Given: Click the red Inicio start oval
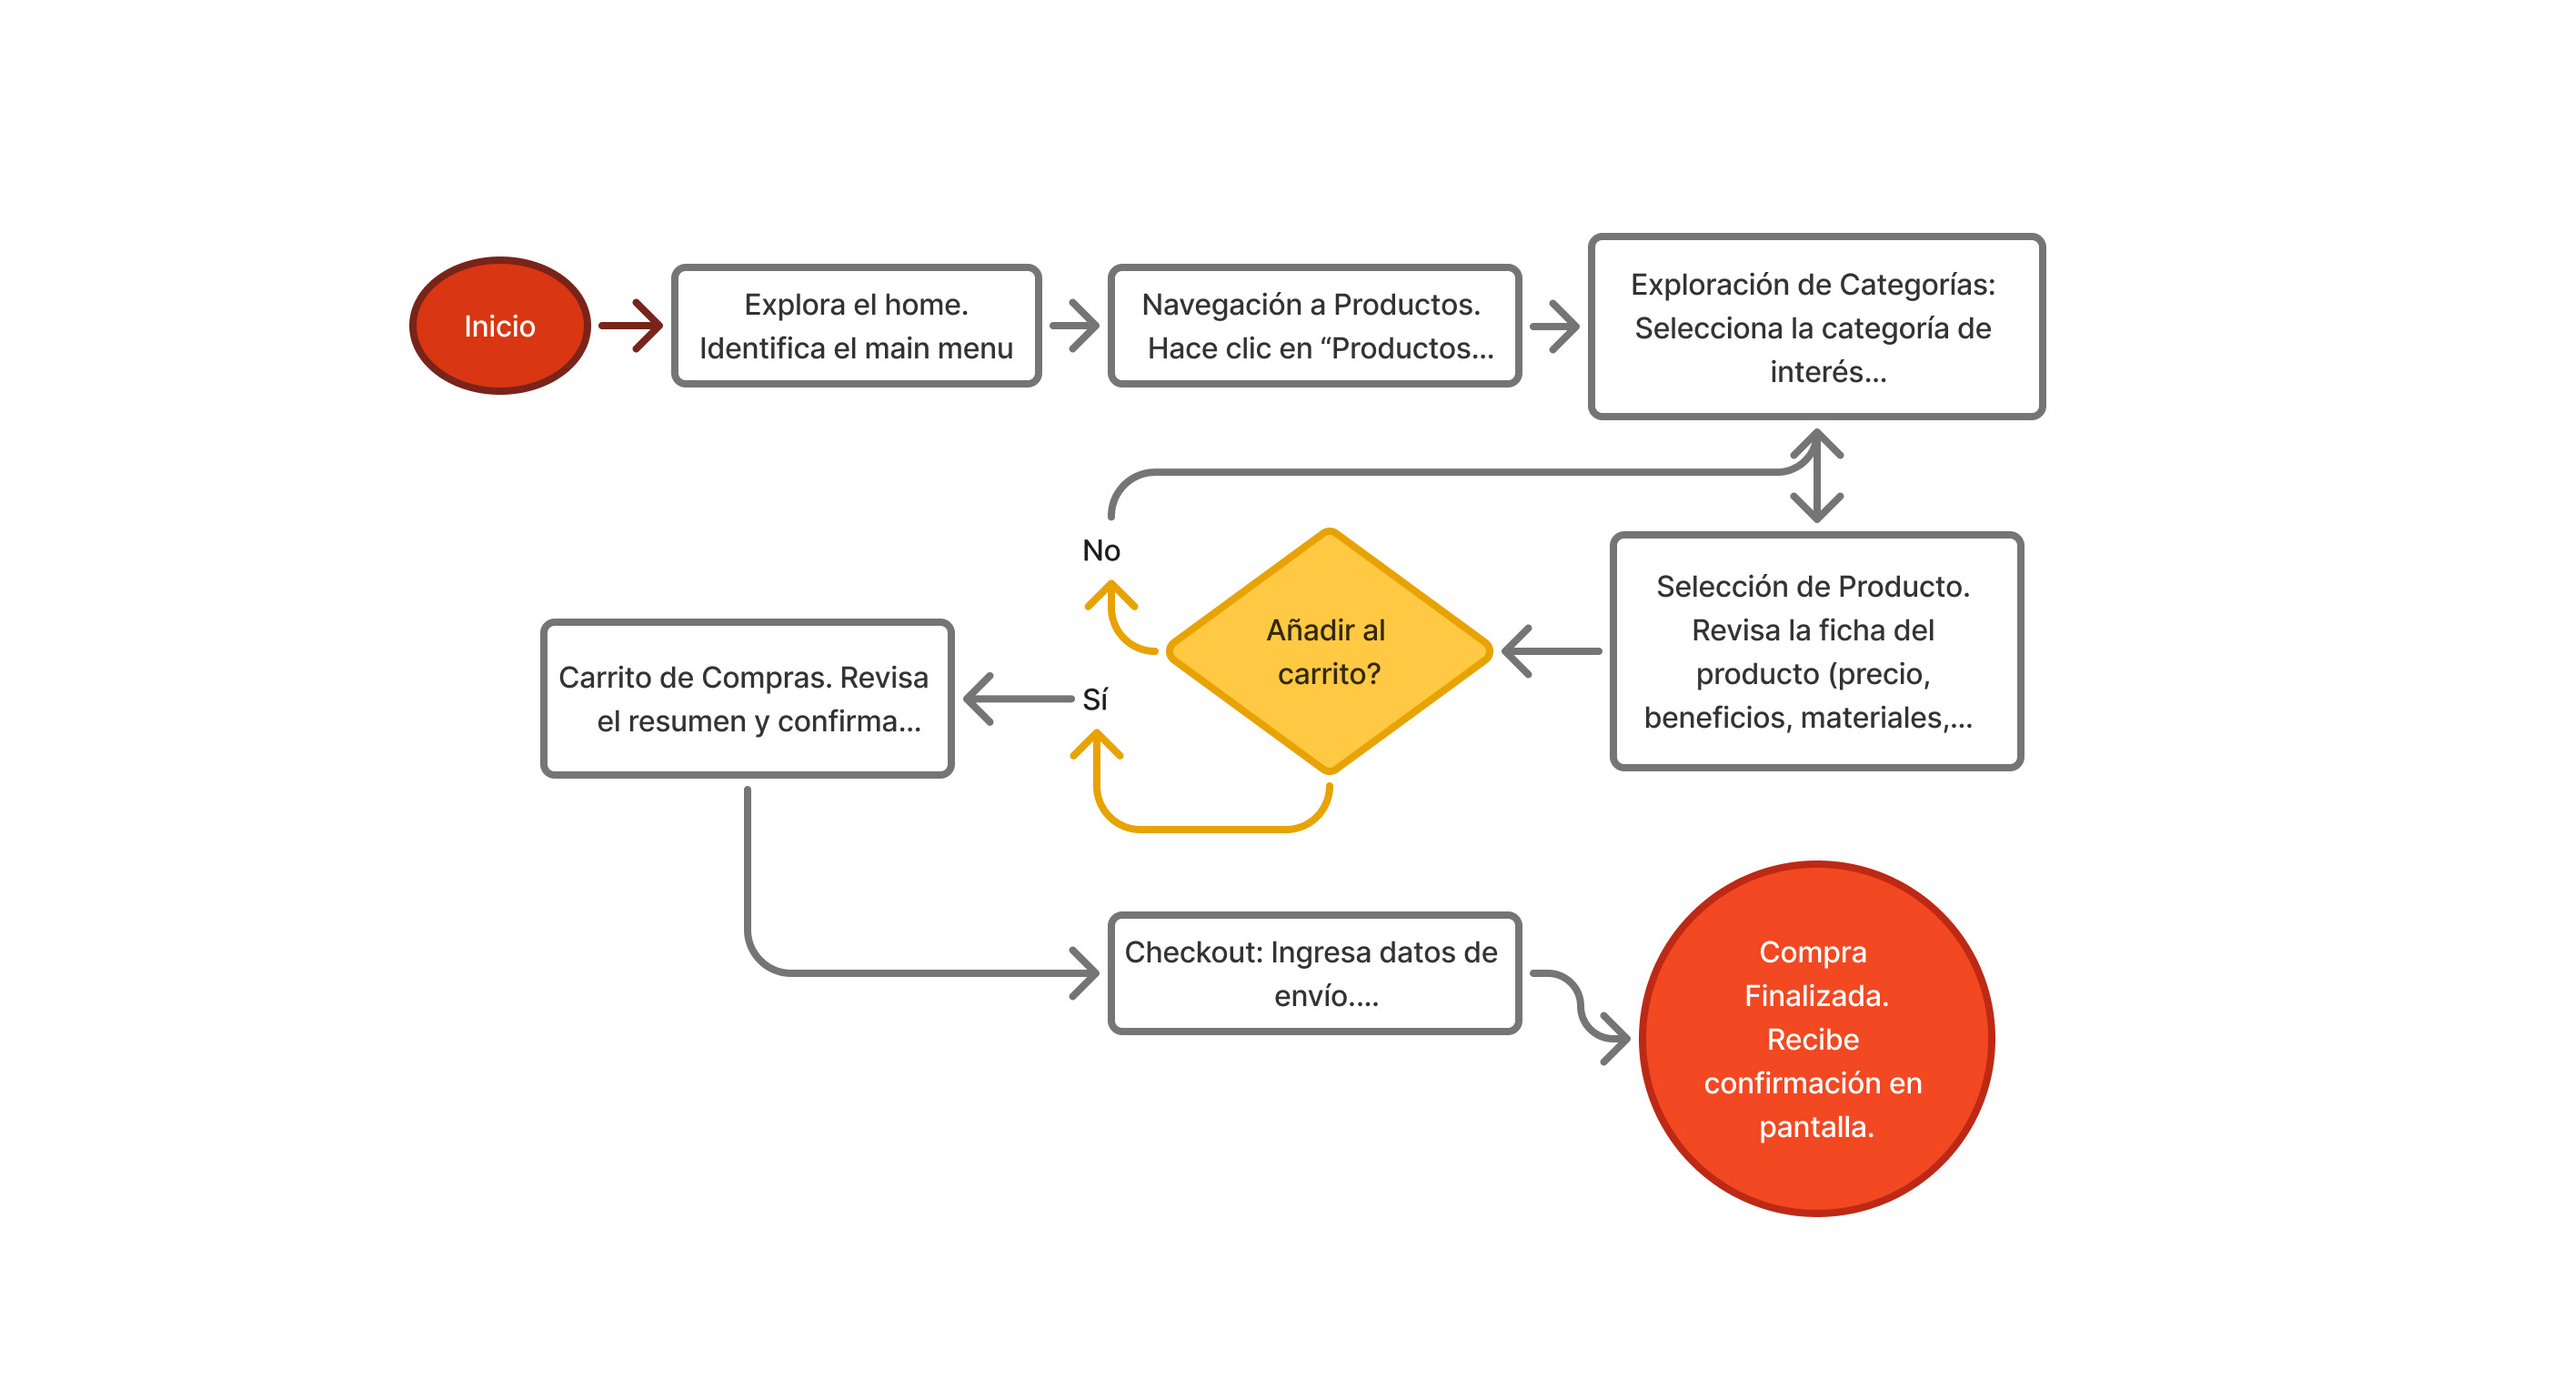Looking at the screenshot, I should pyautogui.click(x=499, y=326).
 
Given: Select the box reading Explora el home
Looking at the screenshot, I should pyautogui.click(x=855, y=326).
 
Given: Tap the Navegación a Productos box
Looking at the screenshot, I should pyautogui.click(x=1314, y=326).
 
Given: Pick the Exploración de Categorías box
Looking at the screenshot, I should pyautogui.click(x=1815, y=327).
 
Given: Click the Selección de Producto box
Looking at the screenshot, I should pyautogui.click(x=1815, y=650).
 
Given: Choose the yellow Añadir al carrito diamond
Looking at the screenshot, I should pyautogui.click(x=1328, y=650).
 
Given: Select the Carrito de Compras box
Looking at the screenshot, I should pyautogui.click(x=746, y=699).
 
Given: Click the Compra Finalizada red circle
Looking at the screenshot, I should pyautogui.click(x=1815, y=1038).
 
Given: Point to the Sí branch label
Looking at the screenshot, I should pyautogui.click(x=1094, y=700).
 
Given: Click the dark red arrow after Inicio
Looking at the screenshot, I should pyautogui.click(x=631, y=326).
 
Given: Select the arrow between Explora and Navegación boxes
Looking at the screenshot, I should pyautogui.click(x=1075, y=326).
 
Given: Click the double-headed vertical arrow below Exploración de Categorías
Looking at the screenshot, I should pyautogui.click(x=1816, y=476).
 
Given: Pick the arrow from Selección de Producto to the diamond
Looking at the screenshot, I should pyautogui.click(x=1552, y=651).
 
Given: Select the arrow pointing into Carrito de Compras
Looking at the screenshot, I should pyautogui.click(x=1014, y=699).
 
